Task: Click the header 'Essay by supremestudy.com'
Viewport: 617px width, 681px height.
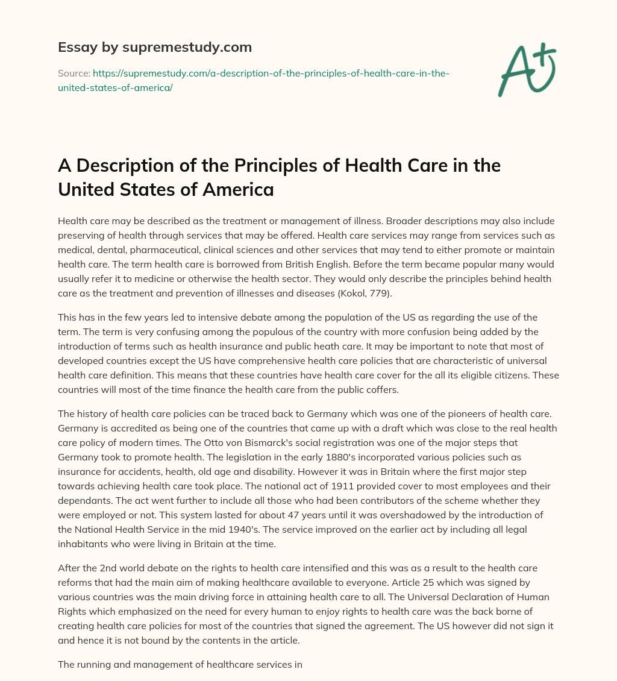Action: point(155,46)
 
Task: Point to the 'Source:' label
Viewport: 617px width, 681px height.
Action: point(74,73)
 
